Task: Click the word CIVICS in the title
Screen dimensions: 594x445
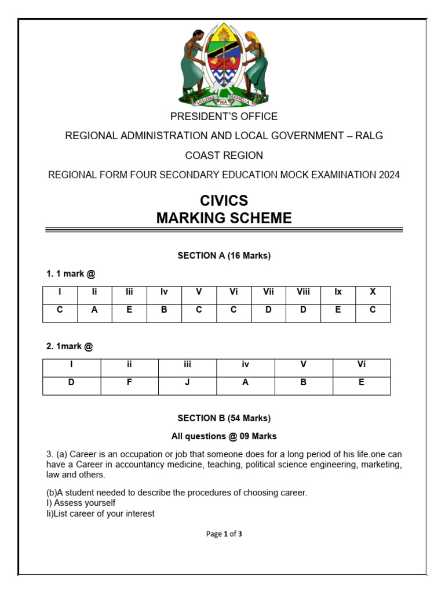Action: click(224, 201)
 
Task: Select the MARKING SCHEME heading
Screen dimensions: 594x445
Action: click(224, 218)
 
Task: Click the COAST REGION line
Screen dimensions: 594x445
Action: click(224, 155)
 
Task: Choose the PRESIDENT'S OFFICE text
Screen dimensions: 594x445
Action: click(224, 117)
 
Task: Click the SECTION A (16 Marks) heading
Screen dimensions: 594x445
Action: click(224, 255)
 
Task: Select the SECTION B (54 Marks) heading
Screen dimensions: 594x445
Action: click(224, 418)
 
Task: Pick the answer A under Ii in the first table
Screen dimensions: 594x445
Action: click(94, 310)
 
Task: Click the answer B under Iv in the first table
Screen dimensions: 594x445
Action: click(164, 310)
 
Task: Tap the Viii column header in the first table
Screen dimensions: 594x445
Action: click(303, 292)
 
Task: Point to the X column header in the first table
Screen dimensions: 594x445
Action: click(373, 292)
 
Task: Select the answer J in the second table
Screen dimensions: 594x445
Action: click(188, 383)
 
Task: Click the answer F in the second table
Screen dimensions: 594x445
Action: click(130, 383)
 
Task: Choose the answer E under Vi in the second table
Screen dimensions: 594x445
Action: click(362, 383)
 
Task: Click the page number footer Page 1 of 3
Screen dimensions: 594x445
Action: click(224, 534)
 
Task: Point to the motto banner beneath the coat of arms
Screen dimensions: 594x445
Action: click(224, 99)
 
